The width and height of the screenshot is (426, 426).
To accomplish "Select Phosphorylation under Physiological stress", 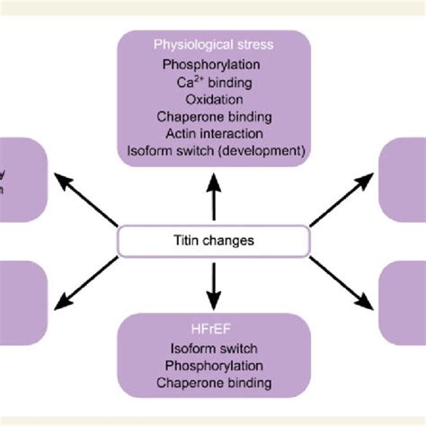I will (214, 65).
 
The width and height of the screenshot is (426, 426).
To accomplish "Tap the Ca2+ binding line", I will (214, 82).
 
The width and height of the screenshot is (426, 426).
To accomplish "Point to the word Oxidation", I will (214, 99).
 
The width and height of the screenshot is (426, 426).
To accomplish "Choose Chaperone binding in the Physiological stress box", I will (214, 116).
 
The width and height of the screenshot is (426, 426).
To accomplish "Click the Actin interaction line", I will (214, 133).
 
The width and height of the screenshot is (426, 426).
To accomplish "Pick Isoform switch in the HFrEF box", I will (214, 349).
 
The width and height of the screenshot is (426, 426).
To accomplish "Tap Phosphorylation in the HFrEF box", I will (214, 366).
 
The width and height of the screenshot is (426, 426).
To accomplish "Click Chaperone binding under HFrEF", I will (214, 383).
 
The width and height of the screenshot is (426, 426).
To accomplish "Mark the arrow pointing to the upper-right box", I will (341, 200).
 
